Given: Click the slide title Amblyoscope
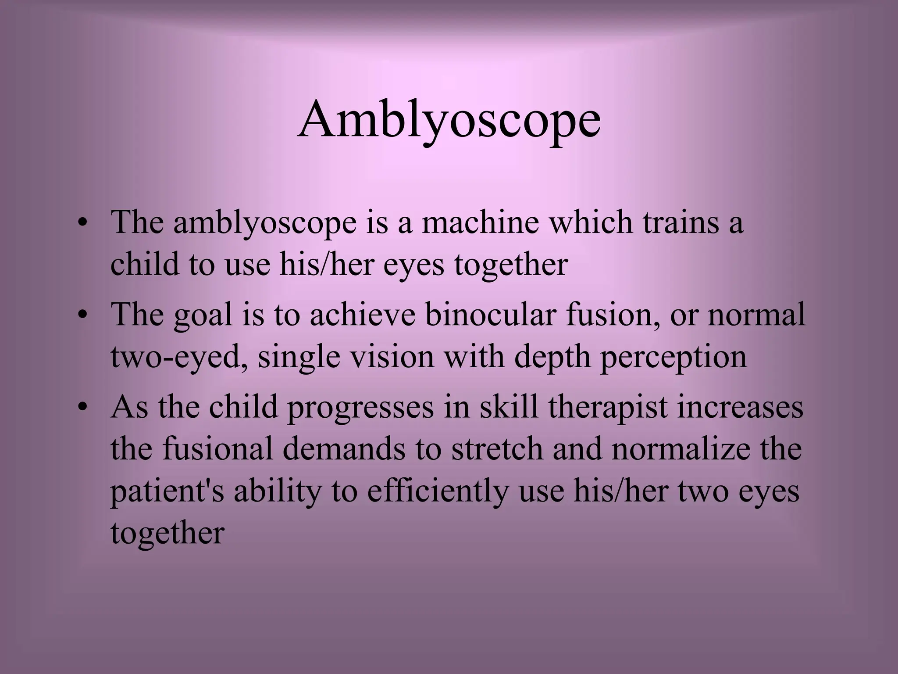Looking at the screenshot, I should coord(449,120).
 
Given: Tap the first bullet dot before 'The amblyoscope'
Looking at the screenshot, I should coord(82,224).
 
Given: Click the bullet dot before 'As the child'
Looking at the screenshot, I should coord(82,408).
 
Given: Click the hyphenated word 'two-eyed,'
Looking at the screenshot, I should coord(180,357).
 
